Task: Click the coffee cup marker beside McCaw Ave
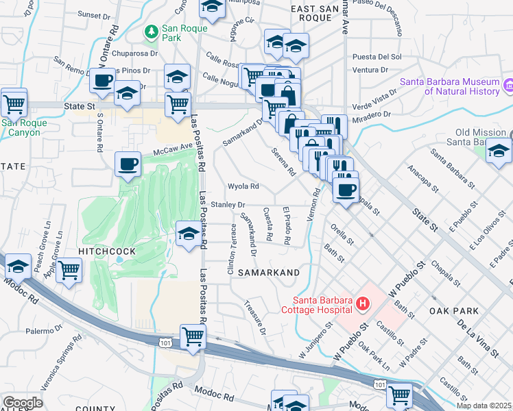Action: [x=128, y=164]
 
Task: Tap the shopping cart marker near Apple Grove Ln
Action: [x=69, y=270]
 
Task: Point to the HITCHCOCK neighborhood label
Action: [x=106, y=252]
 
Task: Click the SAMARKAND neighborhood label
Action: [x=269, y=273]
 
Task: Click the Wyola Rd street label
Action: [x=243, y=186]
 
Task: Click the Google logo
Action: [x=22, y=403]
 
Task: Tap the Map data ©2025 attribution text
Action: [x=484, y=406]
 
